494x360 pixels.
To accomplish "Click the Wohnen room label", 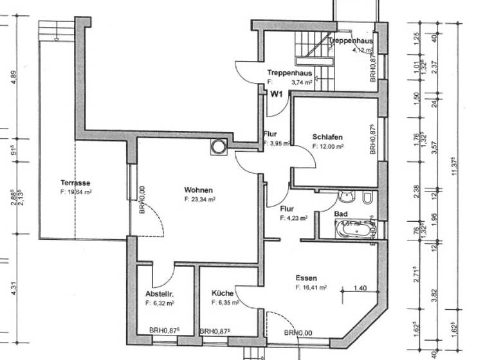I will point(197,190).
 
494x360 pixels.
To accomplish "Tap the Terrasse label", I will point(75,183).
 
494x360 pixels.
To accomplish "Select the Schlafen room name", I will point(327,138).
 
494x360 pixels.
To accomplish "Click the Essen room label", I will point(306,278).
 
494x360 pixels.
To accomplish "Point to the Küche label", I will point(223,293).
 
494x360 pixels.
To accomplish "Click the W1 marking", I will point(277,94).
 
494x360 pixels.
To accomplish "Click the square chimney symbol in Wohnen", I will point(217,147).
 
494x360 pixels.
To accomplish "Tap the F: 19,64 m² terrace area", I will point(75,192).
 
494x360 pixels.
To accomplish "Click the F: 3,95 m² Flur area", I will point(277,143).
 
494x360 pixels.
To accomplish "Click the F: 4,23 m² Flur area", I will point(293,218).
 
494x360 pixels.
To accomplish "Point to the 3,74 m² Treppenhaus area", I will point(301,82).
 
